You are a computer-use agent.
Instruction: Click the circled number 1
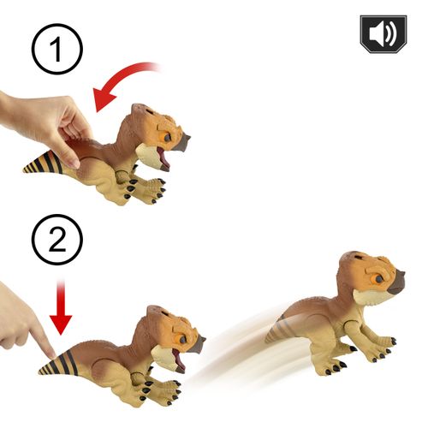57,49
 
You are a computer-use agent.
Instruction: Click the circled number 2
57,240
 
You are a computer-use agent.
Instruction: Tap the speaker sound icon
383,34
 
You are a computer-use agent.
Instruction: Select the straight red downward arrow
61,307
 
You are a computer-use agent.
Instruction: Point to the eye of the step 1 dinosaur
168,138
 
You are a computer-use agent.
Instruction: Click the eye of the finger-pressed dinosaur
182,340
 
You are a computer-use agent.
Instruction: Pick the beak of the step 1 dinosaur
182,143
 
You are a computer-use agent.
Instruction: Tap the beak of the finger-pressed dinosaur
198,345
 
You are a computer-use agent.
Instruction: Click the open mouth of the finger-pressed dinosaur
179,360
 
